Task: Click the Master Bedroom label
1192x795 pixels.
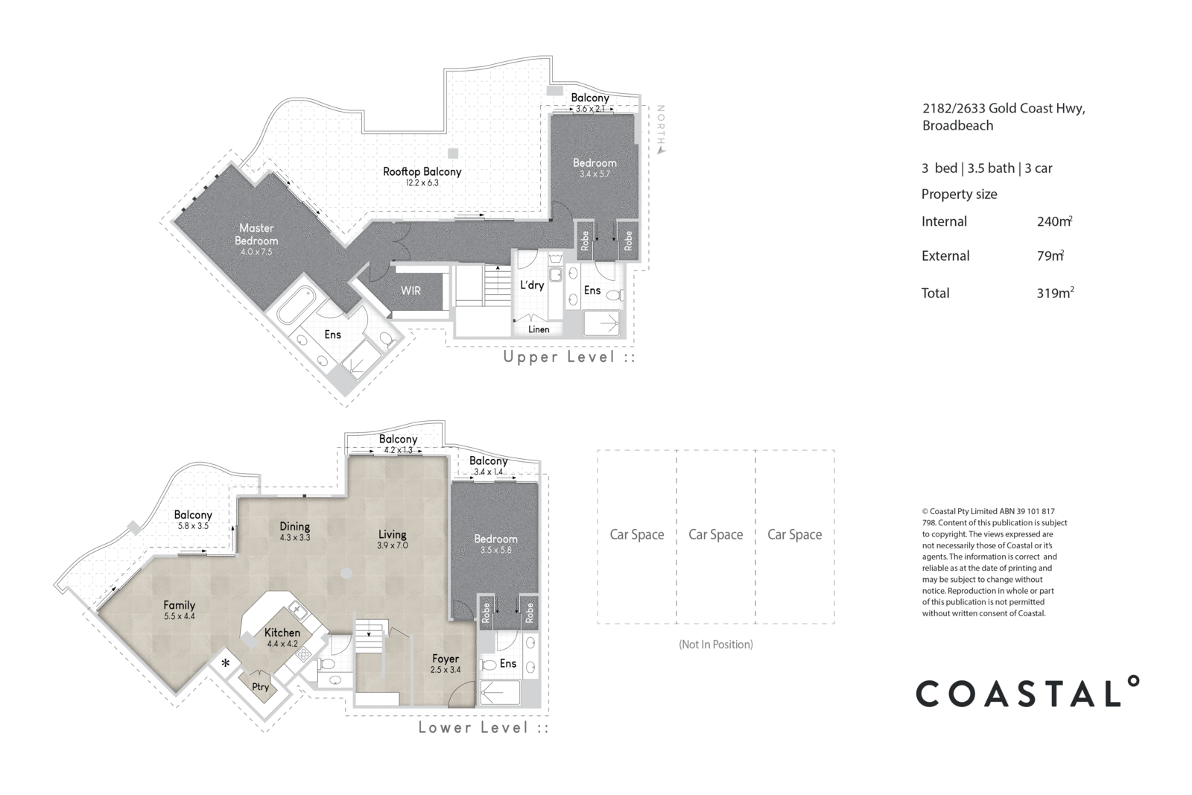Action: coord(256,234)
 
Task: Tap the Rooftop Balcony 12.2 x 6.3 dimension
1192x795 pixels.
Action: coord(422,183)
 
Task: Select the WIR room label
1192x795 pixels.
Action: coord(410,291)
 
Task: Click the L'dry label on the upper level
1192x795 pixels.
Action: coord(532,285)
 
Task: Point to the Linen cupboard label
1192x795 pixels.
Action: coord(539,329)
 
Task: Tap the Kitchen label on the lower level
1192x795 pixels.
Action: coord(282,633)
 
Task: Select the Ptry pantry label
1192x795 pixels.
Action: coord(260,687)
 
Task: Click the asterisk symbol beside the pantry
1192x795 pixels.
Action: coord(225,663)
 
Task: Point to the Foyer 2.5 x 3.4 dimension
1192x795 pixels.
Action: coord(446,670)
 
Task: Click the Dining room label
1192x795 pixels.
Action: coord(294,527)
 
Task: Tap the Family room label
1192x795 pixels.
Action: coord(179,605)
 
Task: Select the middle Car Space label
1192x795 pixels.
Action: coord(715,534)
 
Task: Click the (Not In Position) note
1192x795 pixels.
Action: coord(715,644)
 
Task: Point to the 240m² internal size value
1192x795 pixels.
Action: coord(1054,221)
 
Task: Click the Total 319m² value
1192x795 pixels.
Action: coord(1054,293)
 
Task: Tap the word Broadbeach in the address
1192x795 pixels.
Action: coord(957,126)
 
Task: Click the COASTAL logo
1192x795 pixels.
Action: coord(1027,692)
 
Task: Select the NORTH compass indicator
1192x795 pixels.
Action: coord(660,130)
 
